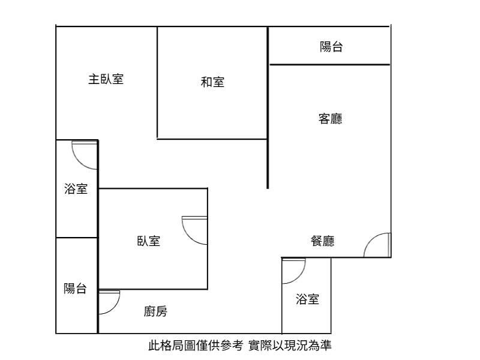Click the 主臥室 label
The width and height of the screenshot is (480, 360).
coord(106,79)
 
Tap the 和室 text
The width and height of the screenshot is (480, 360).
coord(212,82)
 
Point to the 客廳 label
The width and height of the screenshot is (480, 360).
coord(331,119)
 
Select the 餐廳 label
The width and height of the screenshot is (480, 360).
coord(323,241)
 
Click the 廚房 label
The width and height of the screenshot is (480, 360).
coord(155,311)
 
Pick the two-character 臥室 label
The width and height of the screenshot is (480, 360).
coord(148,241)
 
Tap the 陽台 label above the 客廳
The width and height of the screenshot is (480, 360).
coord(331,47)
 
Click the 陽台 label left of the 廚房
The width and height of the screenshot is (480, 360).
coord(75,289)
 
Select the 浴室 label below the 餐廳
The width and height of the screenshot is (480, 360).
coord(307,299)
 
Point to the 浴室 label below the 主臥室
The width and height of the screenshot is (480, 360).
coord(76,188)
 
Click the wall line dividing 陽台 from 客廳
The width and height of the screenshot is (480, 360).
coord(329,65)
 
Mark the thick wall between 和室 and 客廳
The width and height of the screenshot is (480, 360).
coord(268,108)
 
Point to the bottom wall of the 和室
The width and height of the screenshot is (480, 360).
coord(212,139)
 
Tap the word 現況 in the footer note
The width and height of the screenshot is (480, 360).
coord(296,346)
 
